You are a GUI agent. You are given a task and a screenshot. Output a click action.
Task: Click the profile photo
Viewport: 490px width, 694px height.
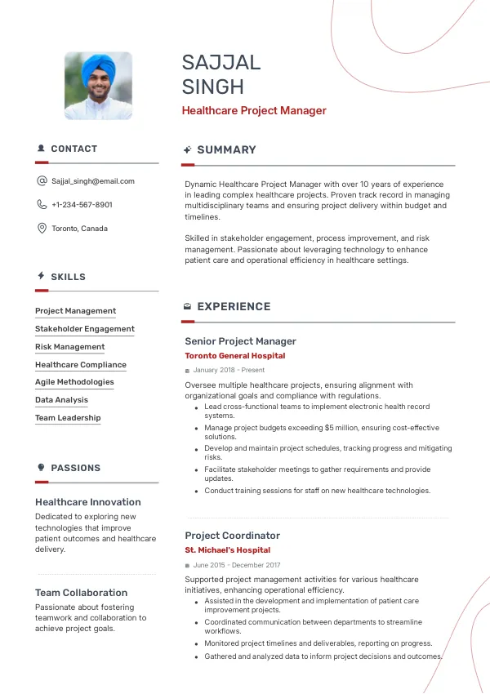tap(98, 87)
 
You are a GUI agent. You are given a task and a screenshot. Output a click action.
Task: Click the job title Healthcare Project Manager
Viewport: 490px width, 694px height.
tap(254, 111)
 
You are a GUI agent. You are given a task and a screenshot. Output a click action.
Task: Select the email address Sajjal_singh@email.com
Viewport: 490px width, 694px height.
tap(93, 181)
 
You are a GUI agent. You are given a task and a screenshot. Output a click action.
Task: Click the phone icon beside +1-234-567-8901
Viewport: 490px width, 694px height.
tap(42, 205)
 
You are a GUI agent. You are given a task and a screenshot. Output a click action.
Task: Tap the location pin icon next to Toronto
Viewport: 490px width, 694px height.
tap(42, 229)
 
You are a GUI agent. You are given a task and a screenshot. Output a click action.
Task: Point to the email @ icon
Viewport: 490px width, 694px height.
tap(42, 181)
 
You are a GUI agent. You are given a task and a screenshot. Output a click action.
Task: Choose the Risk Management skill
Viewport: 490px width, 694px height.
tap(69, 347)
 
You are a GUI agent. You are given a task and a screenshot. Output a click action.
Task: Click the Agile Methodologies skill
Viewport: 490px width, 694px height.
tap(74, 382)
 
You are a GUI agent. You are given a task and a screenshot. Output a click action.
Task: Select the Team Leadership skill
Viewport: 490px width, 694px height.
tap(68, 418)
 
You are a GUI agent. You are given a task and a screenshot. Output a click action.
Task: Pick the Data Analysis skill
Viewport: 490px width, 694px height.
tap(61, 400)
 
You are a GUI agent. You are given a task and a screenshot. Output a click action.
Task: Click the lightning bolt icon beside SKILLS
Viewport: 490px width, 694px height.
tap(41, 277)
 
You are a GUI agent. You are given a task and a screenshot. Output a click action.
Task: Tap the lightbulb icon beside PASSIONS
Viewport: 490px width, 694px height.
tap(41, 468)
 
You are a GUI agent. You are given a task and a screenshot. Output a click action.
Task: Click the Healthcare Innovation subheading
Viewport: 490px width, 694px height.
tap(88, 502)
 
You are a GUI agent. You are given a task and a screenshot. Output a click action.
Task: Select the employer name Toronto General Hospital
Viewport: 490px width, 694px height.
tap(235, 356)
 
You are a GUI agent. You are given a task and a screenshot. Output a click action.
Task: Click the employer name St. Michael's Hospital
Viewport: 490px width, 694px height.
tap(229, 550)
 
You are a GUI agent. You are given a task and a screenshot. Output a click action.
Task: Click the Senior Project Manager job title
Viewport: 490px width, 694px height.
tap(240, 341)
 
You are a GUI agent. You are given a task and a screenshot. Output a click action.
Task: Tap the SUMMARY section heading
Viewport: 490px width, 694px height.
tap(226, 150)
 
